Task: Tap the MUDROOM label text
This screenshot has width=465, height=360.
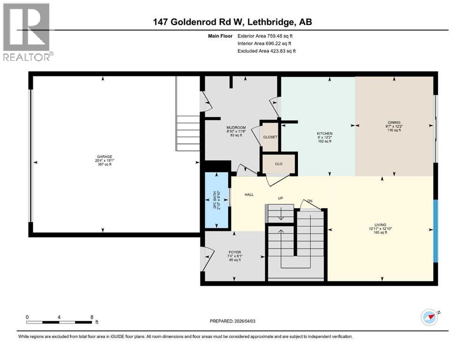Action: [x=236, y=127]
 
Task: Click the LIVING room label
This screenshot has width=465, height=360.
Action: [x=380, y=225]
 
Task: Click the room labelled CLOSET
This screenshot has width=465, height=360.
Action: [x=270, y=137]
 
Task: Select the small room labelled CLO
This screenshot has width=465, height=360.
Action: [x=278, y=164]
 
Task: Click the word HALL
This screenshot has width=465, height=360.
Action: [x=249, y=195]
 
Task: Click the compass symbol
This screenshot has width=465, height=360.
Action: [x=428, y=318]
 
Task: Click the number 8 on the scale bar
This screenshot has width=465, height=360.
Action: [x=92, y=317]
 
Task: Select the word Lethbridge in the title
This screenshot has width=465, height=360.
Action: [x=273, y=22]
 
